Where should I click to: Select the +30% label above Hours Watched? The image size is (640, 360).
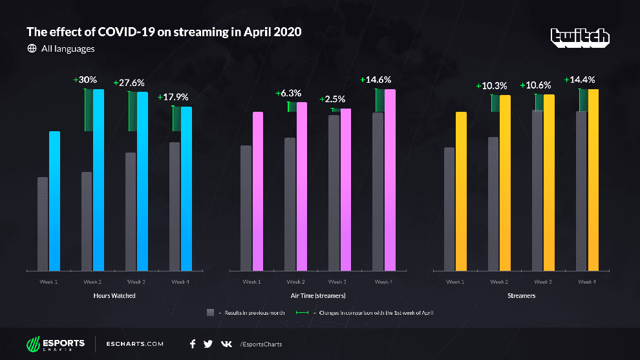pyautogui.click(x=85, y=80)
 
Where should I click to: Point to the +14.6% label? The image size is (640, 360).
pyautogui.click(x=376, y=80)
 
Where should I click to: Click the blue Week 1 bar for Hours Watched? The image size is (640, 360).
pyautogui.click(x=55, y=200)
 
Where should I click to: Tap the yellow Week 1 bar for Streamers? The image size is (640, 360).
pyautogui.click(x=461, y=191)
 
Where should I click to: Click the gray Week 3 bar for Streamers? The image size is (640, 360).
pyautogui.click(x=537, y=190)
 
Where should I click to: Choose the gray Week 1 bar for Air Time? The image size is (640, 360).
pyautogui.click(x=246, y=207)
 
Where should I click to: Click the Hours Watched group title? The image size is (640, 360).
pyautogui.click(x=113, y=295)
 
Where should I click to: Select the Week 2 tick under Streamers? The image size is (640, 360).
pyautogui.click(x=498, y=282)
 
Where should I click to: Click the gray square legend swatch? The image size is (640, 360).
pyautogui.click(x=210, y=312)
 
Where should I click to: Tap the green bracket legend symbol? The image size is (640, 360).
pyautogui.click(x=301, y=312)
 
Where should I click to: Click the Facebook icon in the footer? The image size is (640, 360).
pyautogui.click(x=193, y=344)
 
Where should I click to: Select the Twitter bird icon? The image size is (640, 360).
pyautogui.click(x=208, y=344)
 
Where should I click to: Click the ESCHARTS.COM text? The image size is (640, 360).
pyautogui.click(x=134, y=344)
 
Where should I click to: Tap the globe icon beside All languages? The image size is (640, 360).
pyautogui.click(x=32, y=48)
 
